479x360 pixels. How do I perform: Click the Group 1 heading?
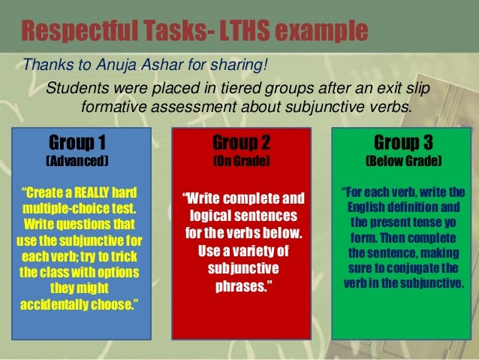(x=77, y=142)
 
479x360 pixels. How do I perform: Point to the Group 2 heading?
(x=242, y=142)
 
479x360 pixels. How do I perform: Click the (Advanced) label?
(x=77, y=161)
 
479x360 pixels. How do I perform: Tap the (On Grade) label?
(x=242, y=161)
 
